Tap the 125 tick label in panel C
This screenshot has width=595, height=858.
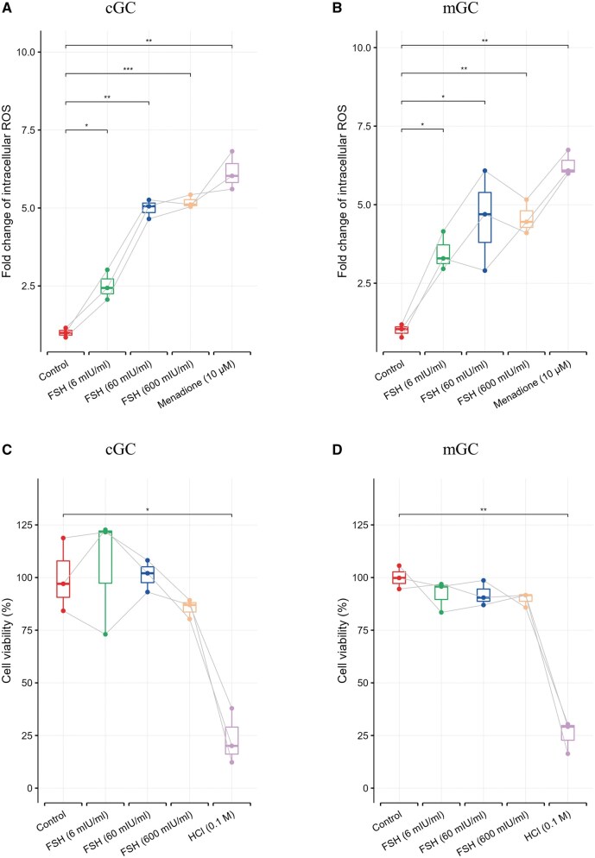click(28, 526)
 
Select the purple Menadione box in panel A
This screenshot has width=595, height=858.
click(231, 173)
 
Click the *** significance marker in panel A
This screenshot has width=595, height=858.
click(127, 68)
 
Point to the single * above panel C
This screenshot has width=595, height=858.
click(148, 509)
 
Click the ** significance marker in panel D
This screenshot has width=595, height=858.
click(484, 509)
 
